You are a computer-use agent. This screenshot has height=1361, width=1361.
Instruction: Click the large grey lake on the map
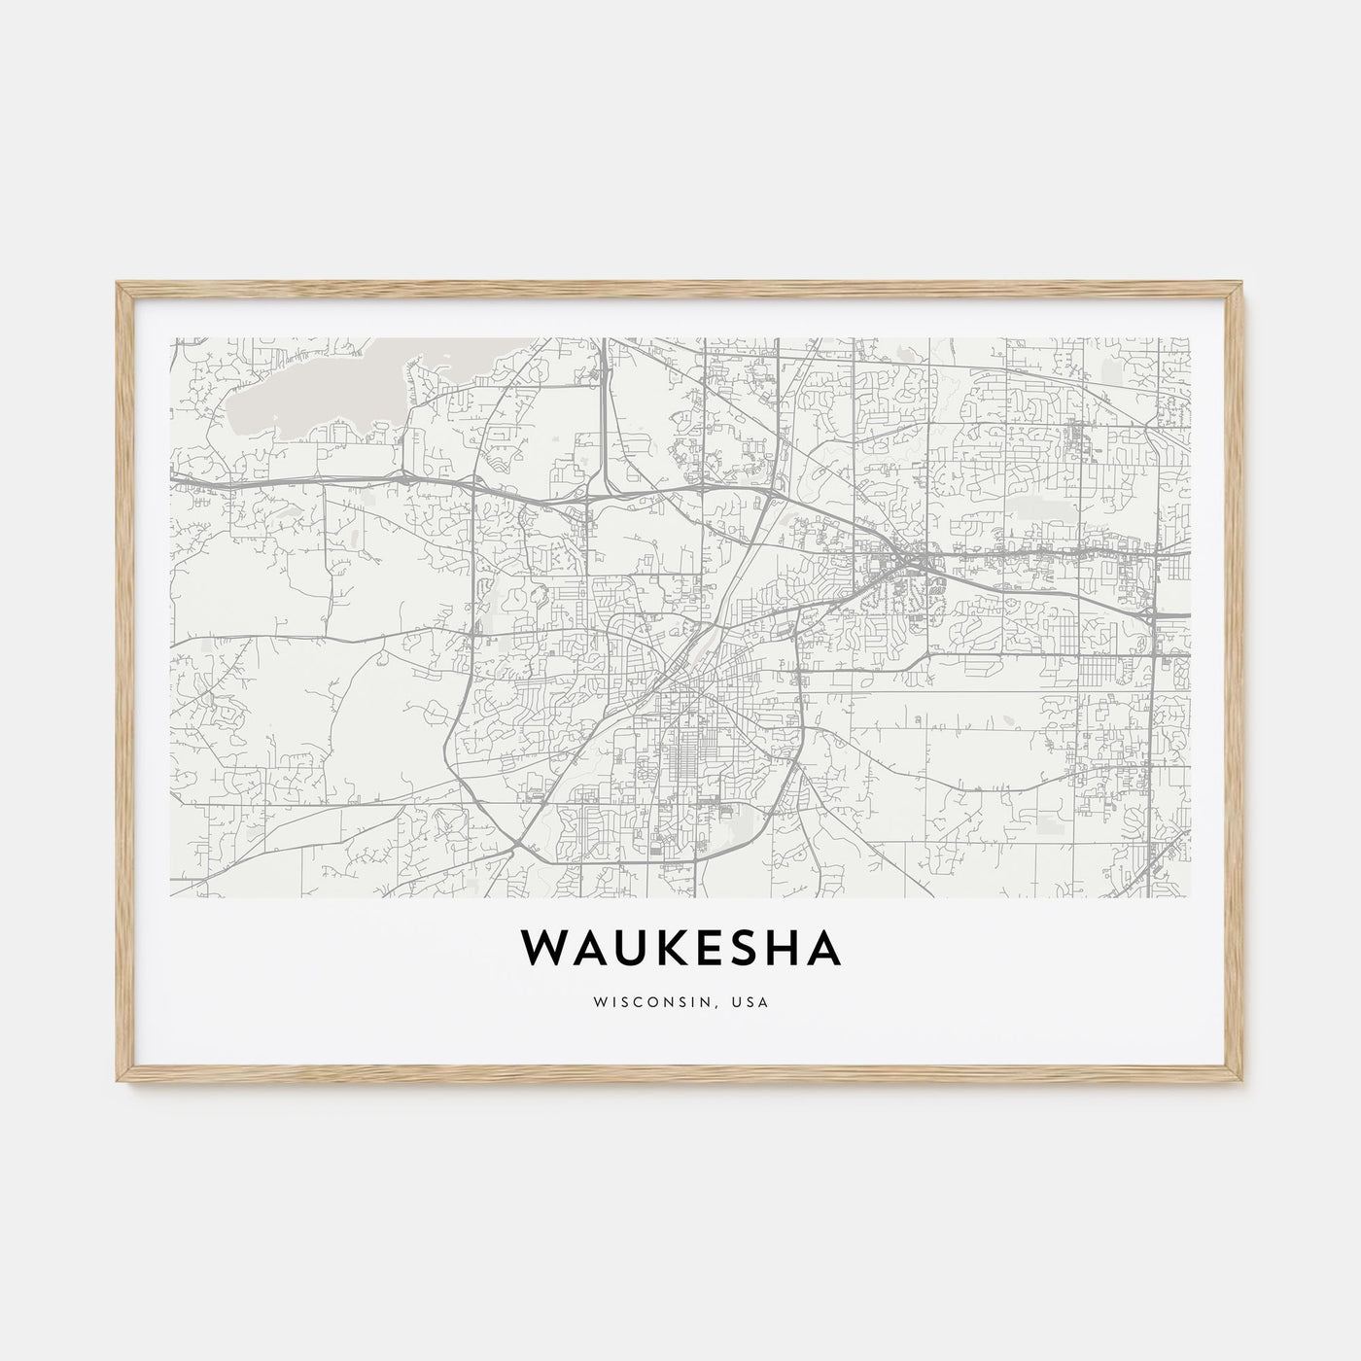tap(311, 389)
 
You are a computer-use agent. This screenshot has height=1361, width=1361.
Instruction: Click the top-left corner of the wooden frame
tap(117, 283)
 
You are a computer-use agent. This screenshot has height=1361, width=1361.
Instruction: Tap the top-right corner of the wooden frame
tap(1244, 283)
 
